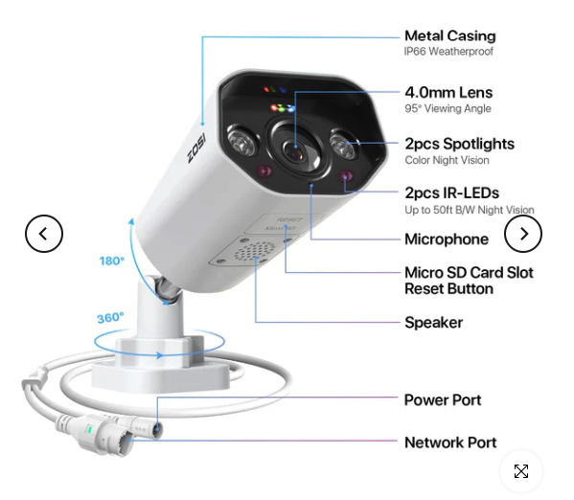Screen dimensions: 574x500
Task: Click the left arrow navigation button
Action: tap(44, 234)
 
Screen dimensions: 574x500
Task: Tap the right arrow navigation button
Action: tap(523, 234)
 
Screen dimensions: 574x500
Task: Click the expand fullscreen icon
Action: tap(521, 471)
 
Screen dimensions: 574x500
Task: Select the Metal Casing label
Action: tap(449, 35)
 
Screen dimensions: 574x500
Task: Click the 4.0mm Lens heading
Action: tap(448, 93)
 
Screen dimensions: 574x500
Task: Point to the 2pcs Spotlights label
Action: tap(459, 144)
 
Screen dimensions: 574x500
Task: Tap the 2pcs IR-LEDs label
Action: tap(451, 193)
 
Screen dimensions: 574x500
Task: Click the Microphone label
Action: tap(447, 239)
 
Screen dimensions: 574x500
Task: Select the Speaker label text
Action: tap(433, 323)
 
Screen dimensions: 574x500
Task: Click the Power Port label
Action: tap(443, 400)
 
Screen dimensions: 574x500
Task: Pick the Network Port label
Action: tap(450, 443)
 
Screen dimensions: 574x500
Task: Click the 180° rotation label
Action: tap(112, 261)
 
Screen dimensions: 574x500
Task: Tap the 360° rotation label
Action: tap(110, 318)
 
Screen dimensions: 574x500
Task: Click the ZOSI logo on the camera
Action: tap(196, 148)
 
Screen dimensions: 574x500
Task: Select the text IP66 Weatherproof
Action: tap(448, 51)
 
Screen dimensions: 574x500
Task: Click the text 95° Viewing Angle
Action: tap(448, 108)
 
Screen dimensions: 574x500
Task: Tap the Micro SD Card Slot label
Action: tap(469, 273)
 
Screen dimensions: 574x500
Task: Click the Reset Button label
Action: tap(448, 289)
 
